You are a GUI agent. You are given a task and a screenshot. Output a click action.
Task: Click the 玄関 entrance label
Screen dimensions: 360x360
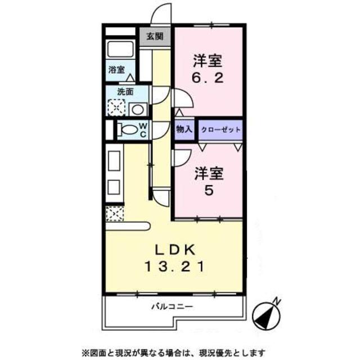155,37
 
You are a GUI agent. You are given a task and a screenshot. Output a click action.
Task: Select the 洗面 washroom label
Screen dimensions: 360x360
125,91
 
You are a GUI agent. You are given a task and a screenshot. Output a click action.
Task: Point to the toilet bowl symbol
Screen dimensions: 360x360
128,129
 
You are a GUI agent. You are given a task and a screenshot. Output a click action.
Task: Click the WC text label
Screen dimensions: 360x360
143,129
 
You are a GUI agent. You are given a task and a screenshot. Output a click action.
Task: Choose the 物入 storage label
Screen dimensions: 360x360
184,129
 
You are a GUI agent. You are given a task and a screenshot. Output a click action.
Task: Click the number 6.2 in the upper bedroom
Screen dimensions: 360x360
210,78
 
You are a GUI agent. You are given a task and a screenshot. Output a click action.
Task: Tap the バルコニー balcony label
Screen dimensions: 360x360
172,307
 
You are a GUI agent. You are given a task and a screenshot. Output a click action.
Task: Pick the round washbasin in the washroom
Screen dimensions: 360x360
137,109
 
